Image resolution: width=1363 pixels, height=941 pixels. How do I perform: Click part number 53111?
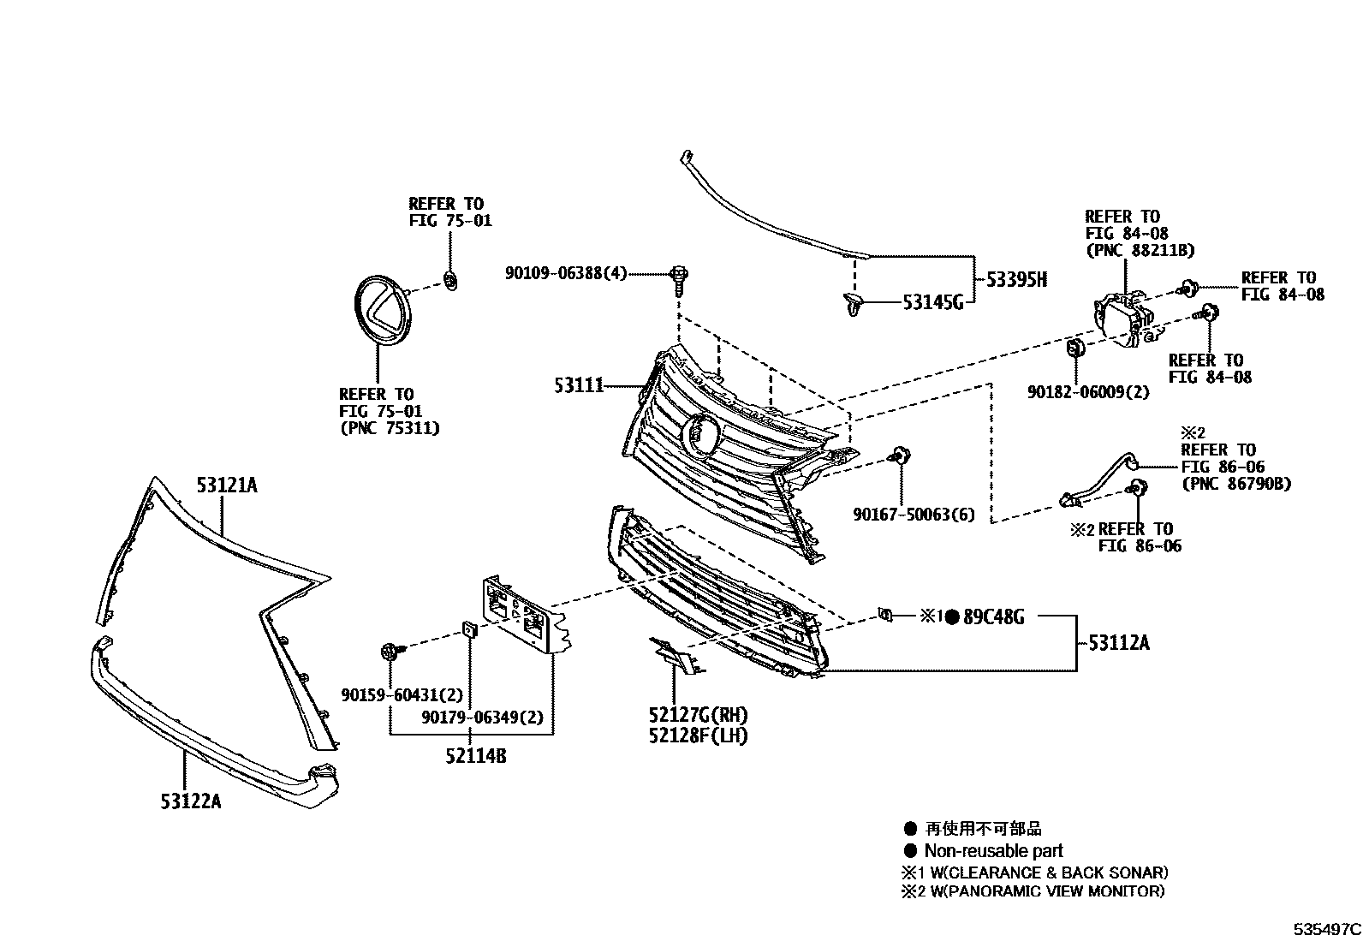(579, 386)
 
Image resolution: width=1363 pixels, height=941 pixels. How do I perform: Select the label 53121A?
(227, 485)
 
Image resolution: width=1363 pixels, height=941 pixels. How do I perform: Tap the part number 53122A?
(190, 801)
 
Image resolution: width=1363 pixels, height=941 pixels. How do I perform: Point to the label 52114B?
(475, 756)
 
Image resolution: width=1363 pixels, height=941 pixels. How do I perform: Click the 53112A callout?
(1119, 642)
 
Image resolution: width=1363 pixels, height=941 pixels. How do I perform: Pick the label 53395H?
(1016, 280)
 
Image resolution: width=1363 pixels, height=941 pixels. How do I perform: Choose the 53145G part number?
(933, 301)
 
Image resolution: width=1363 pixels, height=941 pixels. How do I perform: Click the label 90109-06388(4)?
(566, 273)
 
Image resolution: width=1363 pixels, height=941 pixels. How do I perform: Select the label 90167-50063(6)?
(914, 515)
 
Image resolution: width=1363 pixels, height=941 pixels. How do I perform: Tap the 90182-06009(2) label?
(1088, 392)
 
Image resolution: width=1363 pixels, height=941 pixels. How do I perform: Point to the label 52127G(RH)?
(698, 715)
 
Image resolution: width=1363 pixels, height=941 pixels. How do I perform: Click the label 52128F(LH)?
(698, 736)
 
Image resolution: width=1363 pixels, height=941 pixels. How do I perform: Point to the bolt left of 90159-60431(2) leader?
(390, 652)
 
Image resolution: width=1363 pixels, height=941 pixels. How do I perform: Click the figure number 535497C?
(1326, 928)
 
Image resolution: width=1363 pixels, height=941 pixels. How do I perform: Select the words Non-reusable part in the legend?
(993, 851)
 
